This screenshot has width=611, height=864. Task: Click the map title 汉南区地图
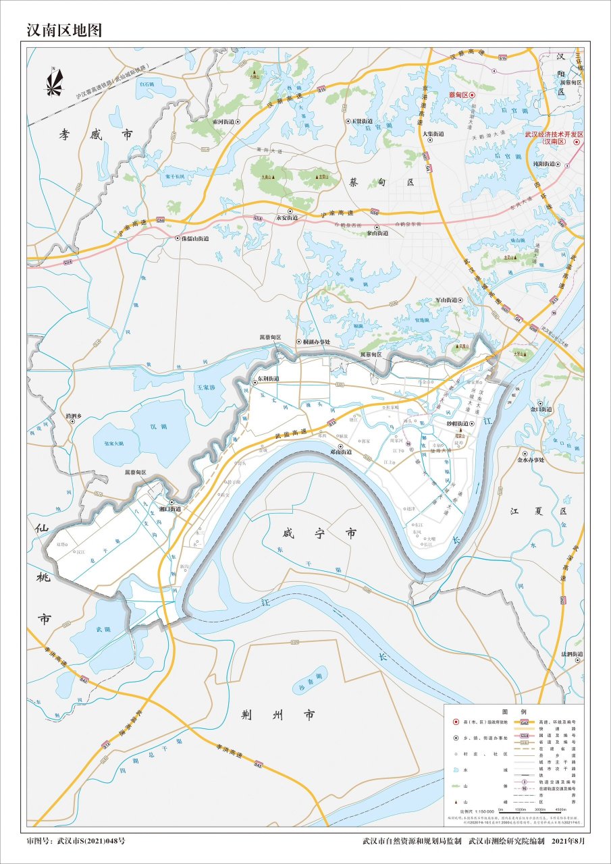tap(64, 30)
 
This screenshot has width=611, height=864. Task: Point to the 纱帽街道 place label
tap(454, 423)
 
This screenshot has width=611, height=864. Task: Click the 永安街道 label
tap(286, 218)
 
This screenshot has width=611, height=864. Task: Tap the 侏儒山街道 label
tap(192, 238)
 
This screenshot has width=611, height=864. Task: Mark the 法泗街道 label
tap(570, 654)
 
